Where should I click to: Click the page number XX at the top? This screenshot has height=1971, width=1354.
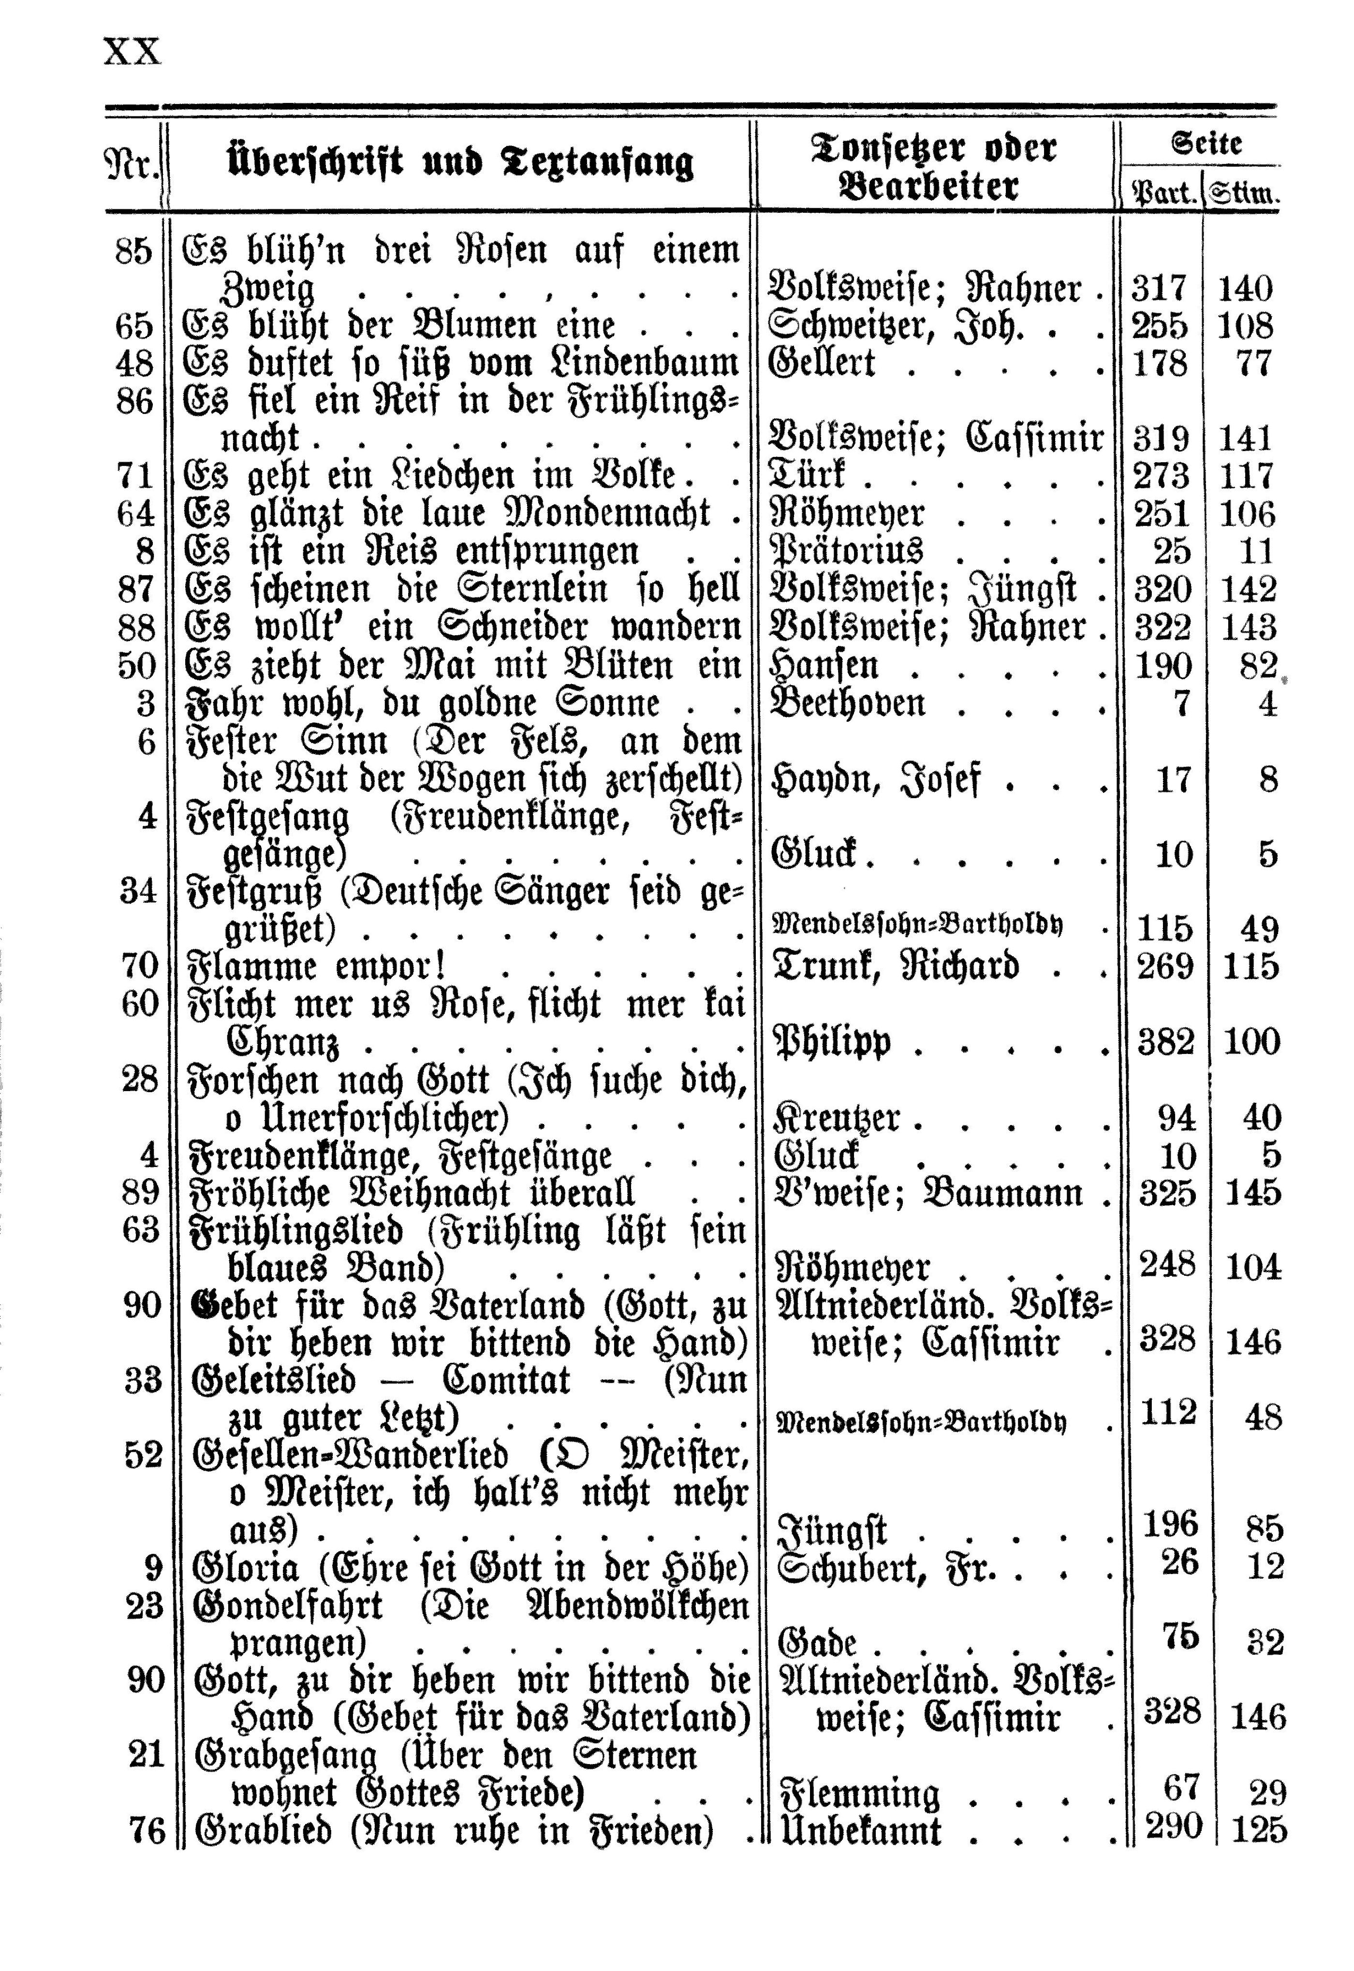click(x=132, y=53)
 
